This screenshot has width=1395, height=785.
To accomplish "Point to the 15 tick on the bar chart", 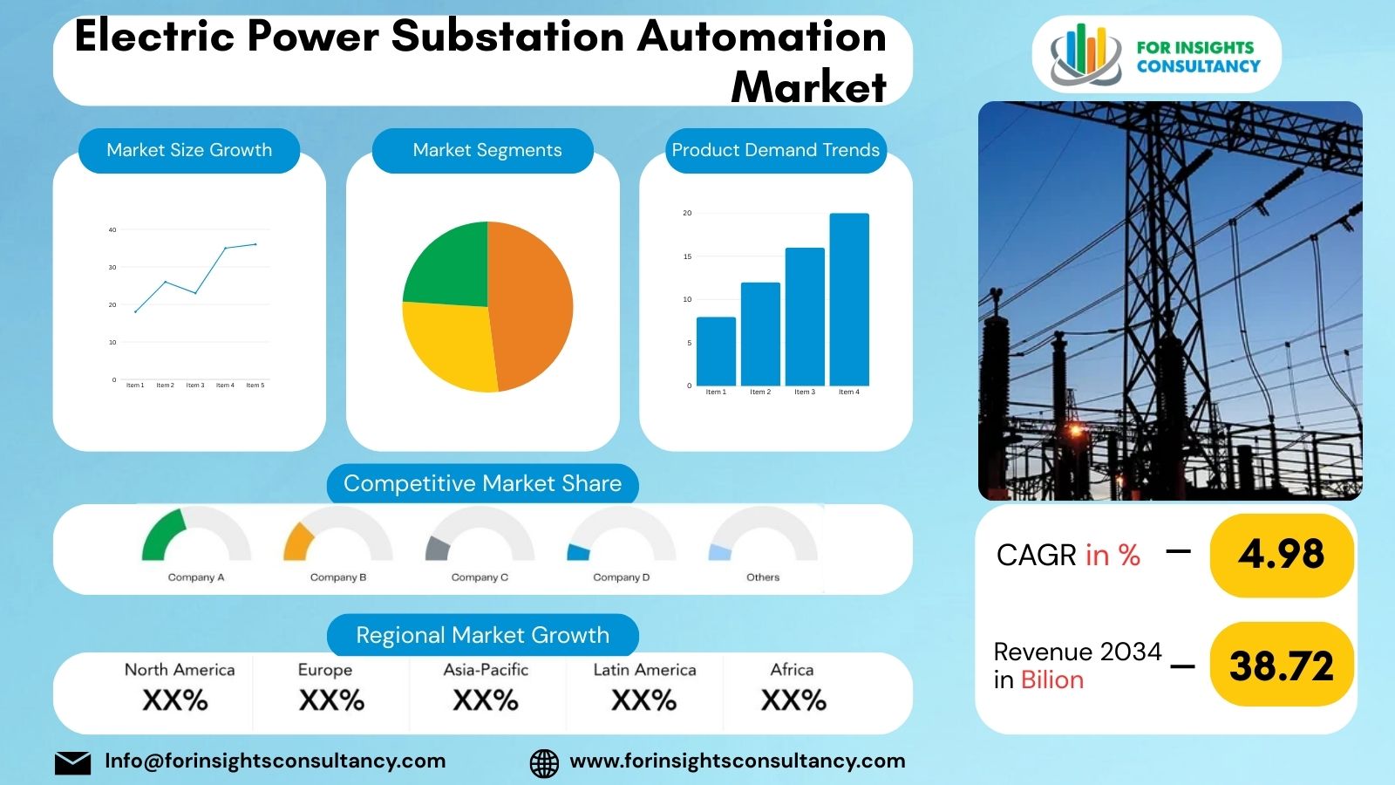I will (687, 256).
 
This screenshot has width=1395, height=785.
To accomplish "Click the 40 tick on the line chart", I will (112, 230).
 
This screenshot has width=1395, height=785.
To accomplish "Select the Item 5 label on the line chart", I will (255, 385).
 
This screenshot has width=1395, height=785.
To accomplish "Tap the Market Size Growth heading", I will (189, 150).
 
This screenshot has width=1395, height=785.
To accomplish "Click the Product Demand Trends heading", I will (775, 150).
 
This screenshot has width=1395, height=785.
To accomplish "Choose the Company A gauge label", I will (196, 577).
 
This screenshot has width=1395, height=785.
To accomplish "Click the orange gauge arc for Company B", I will (297, 541).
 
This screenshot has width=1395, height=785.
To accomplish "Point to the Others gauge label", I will (763, 577).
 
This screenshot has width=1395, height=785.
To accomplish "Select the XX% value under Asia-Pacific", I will (486, 700).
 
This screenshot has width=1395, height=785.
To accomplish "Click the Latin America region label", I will (644, 670).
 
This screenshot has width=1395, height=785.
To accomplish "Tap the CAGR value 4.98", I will (1281, 555).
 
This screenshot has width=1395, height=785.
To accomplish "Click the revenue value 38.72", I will (1281, 666).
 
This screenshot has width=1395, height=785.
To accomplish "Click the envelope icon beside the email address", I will (72, 762).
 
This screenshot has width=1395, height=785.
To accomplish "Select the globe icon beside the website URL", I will (544, 762).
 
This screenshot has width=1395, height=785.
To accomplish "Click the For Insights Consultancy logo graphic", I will (1085, 55).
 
